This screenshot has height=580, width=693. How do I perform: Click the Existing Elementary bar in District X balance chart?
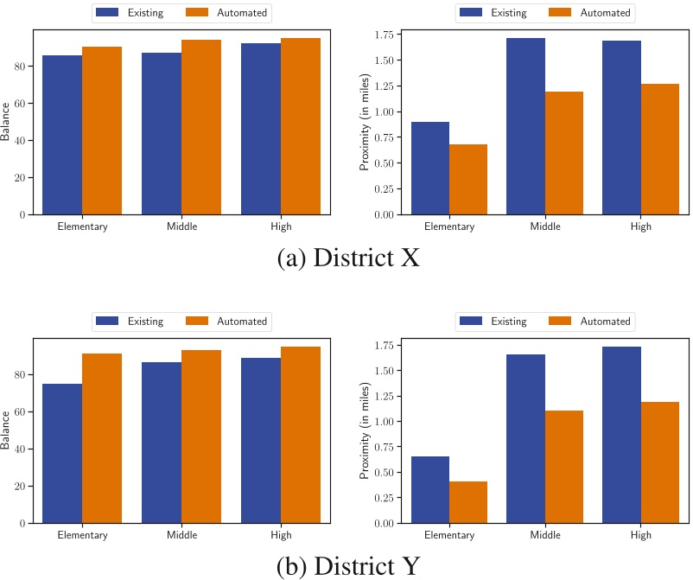(62, 135)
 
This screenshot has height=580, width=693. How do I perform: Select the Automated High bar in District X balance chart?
(301, 126)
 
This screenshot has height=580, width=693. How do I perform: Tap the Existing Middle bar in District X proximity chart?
(525, 126)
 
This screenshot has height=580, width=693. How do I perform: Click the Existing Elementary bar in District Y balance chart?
(62, 453)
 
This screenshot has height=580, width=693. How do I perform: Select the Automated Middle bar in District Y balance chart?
(201, 437)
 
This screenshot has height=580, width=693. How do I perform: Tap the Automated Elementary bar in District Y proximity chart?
(467, 502)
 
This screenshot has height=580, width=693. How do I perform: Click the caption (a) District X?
(348, 258)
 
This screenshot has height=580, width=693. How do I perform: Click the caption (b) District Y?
(348, 566)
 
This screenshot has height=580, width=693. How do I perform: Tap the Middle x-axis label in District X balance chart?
(181, 227)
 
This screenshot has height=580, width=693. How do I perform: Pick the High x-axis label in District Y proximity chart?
(640, 536)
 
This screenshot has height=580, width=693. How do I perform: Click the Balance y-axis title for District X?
(7, 122)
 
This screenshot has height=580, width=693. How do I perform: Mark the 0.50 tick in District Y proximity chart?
(385, 472)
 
